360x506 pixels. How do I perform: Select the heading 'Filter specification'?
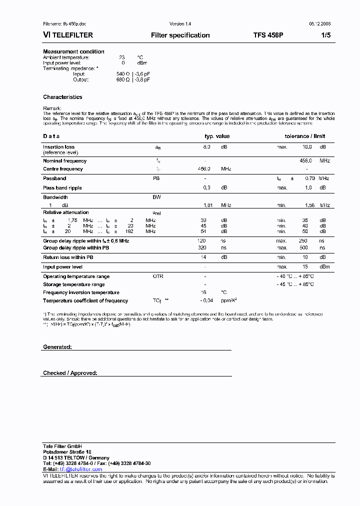[180, 35]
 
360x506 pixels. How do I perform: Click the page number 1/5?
[325, 35]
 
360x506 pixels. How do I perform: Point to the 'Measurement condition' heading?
[73, 51]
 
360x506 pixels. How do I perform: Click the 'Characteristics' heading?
[62, 97]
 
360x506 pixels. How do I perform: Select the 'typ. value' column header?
[217, 136]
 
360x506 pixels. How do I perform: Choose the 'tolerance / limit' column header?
[304, 136]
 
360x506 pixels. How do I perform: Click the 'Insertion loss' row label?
[58, 147]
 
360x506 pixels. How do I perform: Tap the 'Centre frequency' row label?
[63, 169]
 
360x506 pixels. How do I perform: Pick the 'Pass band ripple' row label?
[62, 188]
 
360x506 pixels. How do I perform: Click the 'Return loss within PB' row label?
[68, 257]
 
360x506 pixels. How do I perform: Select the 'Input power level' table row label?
[62, 267]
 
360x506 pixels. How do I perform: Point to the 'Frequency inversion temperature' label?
[81, 292]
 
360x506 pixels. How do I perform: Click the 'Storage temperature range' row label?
[73, 284]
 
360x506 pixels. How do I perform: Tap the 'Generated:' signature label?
[57, 346]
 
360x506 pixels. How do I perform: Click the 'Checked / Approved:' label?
[70, 373]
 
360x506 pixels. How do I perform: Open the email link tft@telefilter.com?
[81, 469]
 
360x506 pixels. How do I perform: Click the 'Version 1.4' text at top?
[180, 24]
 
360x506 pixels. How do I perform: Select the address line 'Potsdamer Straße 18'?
[66, 451]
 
